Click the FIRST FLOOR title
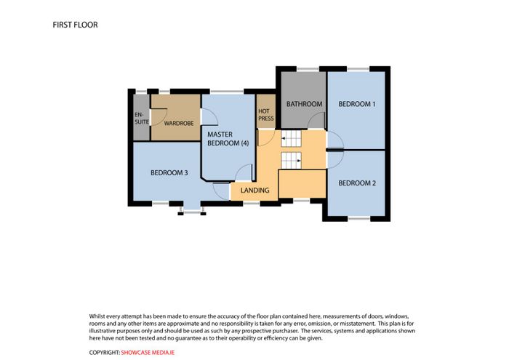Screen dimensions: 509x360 coord(75,25)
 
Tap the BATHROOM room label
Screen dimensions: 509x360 coord(304,104)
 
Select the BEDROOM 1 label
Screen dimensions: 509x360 coord(357,104)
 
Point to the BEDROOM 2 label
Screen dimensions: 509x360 coord(357,183)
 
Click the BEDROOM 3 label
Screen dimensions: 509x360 coord(169,172)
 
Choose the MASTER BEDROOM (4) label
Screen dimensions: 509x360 coord(228,139)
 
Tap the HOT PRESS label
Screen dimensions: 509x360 coord(266,115)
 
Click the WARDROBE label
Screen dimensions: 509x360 coord(179,124)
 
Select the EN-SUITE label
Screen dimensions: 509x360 coord(142,118)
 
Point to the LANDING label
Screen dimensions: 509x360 coord(254,191)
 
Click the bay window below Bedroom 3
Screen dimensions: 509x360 coord(192,212)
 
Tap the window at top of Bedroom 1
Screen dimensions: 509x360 coord(358,69)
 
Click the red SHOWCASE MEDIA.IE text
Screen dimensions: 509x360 coord(148,353)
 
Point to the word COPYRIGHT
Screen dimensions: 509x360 coord(105,353)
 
